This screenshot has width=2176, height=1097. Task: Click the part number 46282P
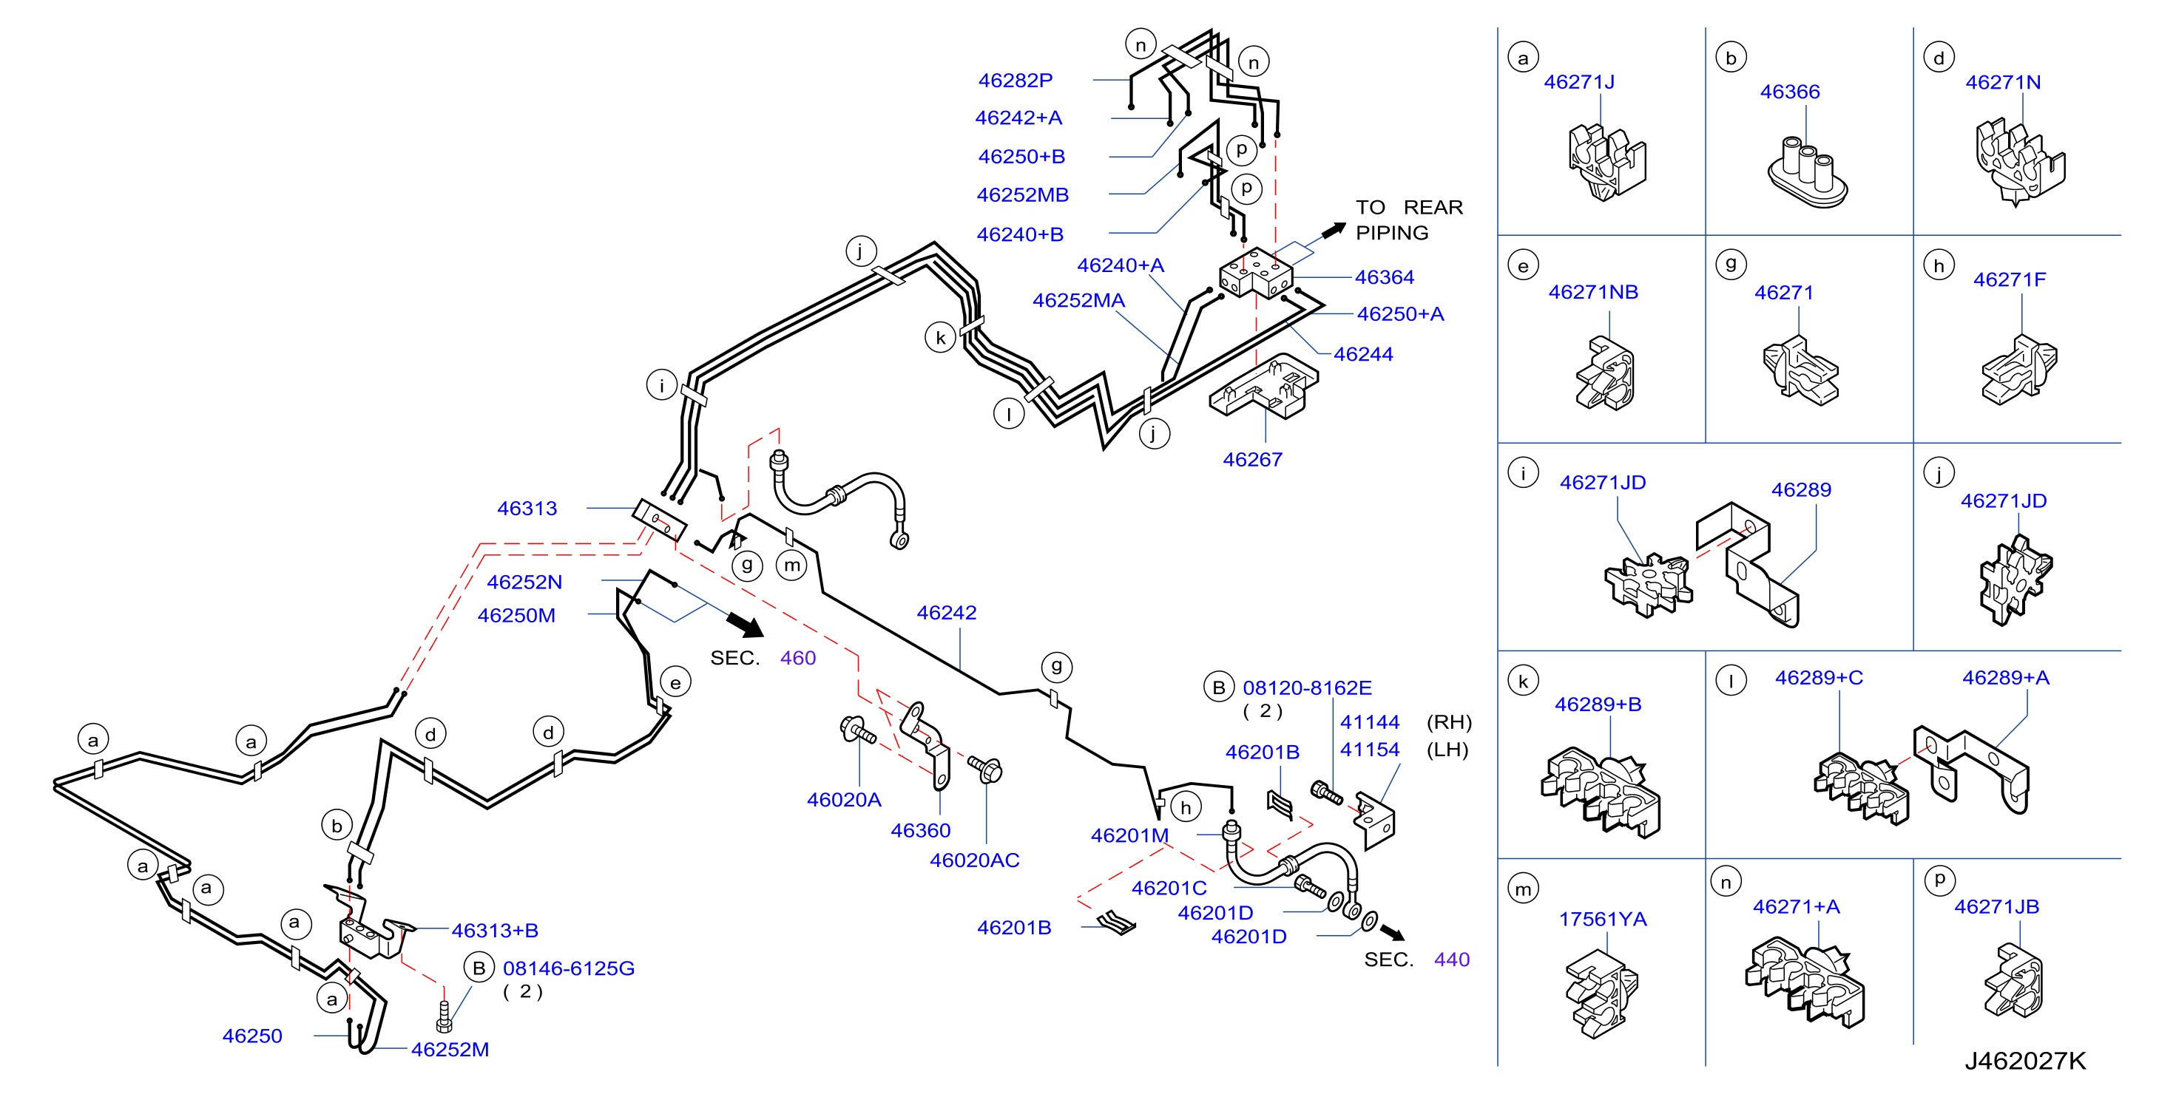[x=1015, y=81]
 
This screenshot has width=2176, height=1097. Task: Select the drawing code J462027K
[x=2025, y=1061]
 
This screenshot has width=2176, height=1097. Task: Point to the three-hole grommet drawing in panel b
[x=1807, y=171]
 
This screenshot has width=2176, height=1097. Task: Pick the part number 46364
[x=1384, y=277]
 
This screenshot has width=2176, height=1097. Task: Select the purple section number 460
[x=797, y=658]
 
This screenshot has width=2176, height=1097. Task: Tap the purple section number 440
[x=1451, y=960]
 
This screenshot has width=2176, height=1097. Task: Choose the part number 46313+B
[x=494, y=930]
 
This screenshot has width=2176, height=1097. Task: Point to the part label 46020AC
[x=974, y=860]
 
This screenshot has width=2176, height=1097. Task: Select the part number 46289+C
[x=1818, y=677]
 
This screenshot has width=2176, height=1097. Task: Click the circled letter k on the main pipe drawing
[x=940, y=338]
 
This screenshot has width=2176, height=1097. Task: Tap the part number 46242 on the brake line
[x=946, y=612]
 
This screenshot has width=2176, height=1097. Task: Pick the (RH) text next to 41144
[x=1449, y=722]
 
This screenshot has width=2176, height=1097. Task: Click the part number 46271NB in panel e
[x=1592, y=291]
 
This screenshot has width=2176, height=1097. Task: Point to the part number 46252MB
[x=1022, y=195]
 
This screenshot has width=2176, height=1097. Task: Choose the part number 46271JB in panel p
[x=1996, y=906]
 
